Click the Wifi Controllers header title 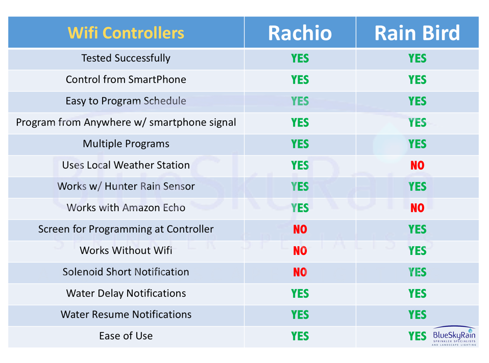(x=126, y=33)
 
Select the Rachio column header (x=300, y=33)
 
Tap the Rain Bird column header (x=417, y=33)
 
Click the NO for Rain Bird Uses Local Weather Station (x=417, y=165)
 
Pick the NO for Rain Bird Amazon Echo (x=417, y=208)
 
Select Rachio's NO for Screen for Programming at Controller (x=300, y=229)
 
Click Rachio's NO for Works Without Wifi (x=300, y=251)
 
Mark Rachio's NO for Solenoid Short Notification (x=300, y=272)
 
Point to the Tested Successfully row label (x=126, y=58)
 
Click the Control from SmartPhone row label (x=126, y=80)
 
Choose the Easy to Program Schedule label (x=126, y=101)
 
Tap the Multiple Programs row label (x=126, y=144)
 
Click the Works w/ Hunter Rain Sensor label (x=126, y=186)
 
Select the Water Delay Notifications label (x=126, y=293)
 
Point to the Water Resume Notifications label (x=126, y=315)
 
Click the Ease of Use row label (x=126, y=336)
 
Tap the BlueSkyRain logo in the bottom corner (x=454, y=336)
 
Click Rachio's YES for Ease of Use (x=300, y=336)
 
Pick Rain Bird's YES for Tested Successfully (x=417, y=58)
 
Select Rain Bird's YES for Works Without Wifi (x=417, y=251)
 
